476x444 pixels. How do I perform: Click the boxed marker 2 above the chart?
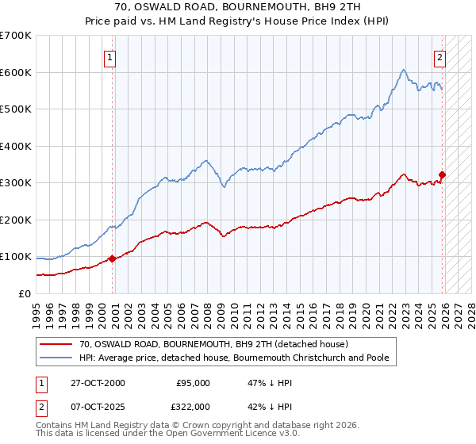click(x=440, y=56)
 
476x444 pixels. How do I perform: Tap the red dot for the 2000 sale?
click(x=112, y=258)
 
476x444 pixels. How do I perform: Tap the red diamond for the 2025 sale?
click(x=443, y=175)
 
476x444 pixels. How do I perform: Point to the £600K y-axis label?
click(x=15, y=72)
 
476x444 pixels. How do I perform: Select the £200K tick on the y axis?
click(x=15, y=220)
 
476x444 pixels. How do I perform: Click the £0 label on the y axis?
click(x=25, y=293)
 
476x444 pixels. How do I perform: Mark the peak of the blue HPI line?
click(x=404, y=70)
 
